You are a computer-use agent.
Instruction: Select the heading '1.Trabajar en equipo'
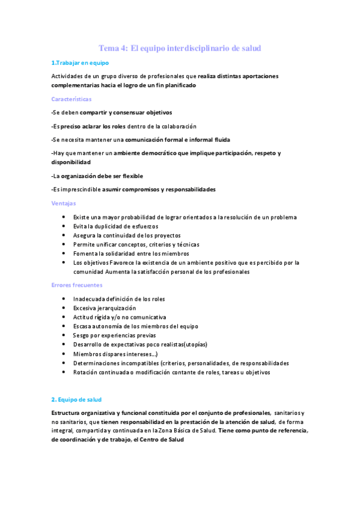80,63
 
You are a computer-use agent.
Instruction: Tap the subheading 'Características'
72,99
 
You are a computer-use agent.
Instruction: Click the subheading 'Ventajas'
63,204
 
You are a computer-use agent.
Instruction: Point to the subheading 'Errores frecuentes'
77,285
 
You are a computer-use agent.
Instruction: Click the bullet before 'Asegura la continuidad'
64,236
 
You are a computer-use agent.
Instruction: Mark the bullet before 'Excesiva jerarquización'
64,308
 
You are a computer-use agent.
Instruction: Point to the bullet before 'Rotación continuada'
64,372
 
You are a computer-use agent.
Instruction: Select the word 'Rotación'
86,372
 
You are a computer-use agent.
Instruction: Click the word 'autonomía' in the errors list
114,326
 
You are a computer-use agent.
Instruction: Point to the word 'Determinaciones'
99,363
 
